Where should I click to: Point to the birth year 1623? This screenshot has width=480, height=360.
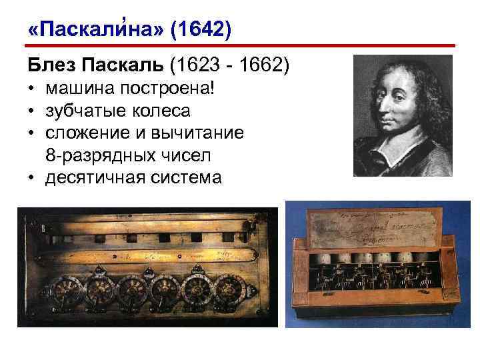193,66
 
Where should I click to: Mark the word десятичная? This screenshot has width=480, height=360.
91,178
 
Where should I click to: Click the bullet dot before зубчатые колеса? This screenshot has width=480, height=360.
32,111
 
